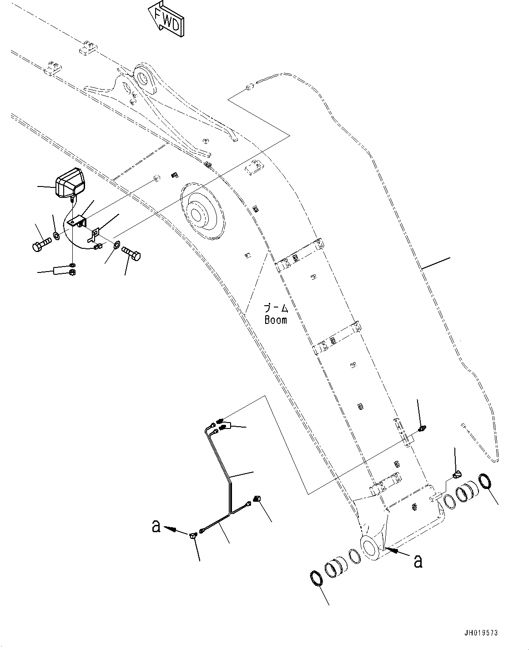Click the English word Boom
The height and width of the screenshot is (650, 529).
tap(276, 320)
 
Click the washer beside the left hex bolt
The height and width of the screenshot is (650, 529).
tap(55, 236)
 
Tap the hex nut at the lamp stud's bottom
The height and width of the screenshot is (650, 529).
tap(72, 272)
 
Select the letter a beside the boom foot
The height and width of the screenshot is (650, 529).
tap(418, 561)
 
